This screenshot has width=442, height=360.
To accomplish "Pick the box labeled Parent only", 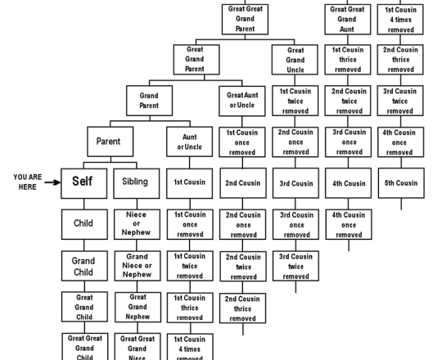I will pos(109,142).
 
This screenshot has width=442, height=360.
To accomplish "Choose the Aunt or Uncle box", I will pos(189,142).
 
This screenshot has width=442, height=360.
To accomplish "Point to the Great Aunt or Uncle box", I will pos(242,100).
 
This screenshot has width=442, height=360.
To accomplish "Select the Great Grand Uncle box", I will pos(295,60).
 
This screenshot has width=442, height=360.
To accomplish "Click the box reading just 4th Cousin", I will pos(350,183).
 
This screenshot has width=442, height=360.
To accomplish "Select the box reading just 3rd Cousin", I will pos(295,183).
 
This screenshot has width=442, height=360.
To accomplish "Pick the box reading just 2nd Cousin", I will pos(242,183).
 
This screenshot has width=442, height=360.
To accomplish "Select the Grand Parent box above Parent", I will pos(149,101).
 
